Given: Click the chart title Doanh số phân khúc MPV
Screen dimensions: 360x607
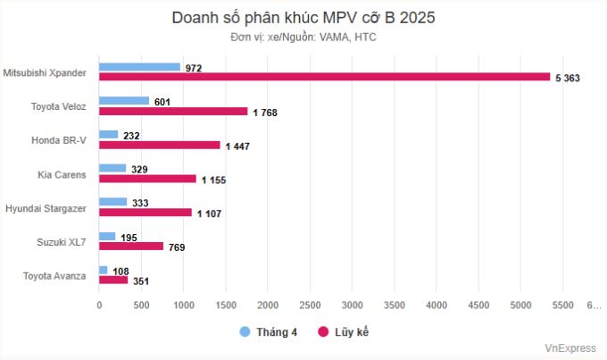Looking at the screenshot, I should tap(303, 18).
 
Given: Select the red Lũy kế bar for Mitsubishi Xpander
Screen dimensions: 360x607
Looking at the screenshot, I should tap(324, 77).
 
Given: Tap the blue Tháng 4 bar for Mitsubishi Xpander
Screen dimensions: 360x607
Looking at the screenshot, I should tap(139, 67).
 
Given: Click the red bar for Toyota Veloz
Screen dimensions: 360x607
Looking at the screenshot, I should tap(173, 111).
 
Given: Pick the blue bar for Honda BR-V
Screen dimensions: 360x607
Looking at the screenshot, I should tap(109, 134).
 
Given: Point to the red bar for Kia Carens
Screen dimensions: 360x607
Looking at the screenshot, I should tap(147, 179).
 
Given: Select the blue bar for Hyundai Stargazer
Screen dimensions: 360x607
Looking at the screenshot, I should tap(113, 202).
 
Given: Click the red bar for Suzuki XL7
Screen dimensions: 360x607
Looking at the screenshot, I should tap(131, 246).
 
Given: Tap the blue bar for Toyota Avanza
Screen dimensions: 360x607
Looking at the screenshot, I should tap(104, 270).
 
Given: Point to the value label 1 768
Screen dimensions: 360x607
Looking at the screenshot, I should tap(267, 112).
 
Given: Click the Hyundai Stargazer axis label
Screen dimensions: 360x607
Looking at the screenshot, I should tap(46, 207).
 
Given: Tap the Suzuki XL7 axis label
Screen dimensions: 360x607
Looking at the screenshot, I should tap(60, 241).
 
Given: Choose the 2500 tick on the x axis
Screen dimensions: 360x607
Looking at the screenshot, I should tap(310, 306).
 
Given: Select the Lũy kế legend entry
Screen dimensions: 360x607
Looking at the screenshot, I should tap(344, 332).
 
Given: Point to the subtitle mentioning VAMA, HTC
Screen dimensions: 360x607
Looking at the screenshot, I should tap(303, 38).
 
